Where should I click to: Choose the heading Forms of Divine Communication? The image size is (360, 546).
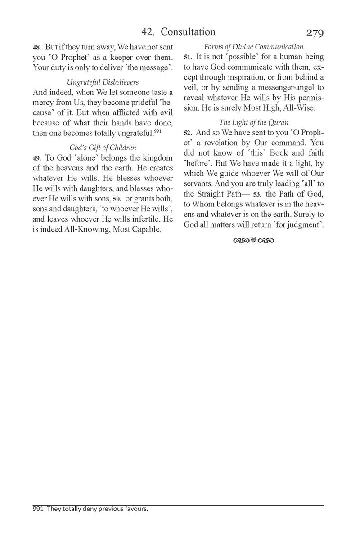click(x=254, y=47)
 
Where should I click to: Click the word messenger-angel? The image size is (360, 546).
click(x=276, y=100)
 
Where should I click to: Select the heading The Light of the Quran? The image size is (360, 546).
click(x=253, y=134)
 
